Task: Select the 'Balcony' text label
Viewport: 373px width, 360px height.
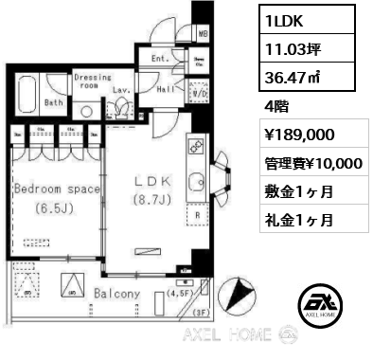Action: [x=116, y=295]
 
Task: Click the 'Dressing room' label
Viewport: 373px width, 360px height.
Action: [x=92, y=81]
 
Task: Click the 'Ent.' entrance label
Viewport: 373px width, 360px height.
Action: [x=160, y=59]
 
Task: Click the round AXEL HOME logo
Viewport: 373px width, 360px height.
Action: [x=319, y=304]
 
